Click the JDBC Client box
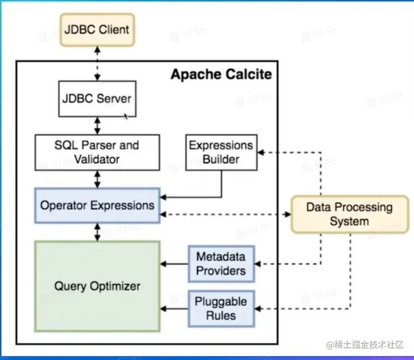97,30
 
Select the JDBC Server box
97,99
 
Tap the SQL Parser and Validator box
97,153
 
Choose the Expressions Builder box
221,153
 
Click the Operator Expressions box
97,206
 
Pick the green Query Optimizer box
97,286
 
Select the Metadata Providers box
221,264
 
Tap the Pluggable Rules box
221,309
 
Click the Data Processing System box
350,214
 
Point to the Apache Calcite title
221,74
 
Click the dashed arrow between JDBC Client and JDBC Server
97,64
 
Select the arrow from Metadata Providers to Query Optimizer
175,264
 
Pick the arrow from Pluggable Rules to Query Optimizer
175,309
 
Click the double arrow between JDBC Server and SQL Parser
97,126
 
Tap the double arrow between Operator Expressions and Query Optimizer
97,232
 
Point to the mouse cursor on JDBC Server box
126,116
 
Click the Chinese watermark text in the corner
365,345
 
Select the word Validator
97,159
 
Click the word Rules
221,315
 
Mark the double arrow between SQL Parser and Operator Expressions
97,179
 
